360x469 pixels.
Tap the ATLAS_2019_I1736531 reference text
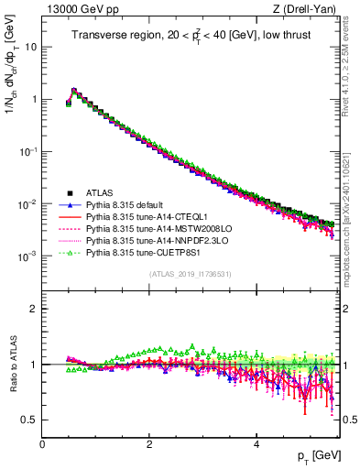[x=189, y=275]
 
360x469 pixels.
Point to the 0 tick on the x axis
[x=42, y=442]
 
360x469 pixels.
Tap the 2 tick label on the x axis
[x=149, y=442]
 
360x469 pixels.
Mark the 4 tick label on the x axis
[x=256, y=442]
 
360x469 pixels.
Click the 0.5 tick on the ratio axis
[x=29, y=420]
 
